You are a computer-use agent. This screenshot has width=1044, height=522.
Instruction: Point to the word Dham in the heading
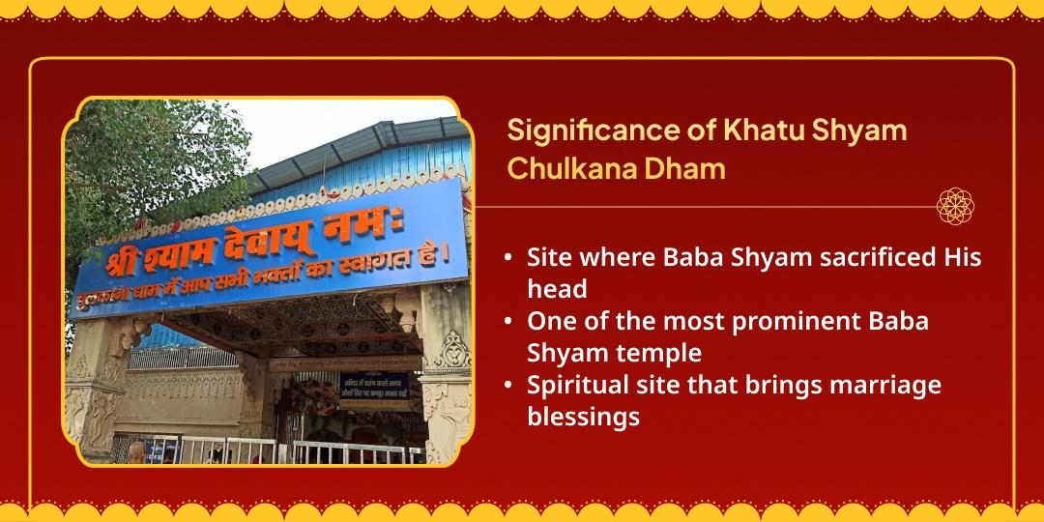pos(690,169)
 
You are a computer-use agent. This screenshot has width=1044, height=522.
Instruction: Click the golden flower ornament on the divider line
pos(955,206)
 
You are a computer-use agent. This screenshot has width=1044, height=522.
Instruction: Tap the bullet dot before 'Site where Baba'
pos(508,260)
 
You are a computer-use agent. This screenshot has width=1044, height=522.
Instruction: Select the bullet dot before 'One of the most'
pos(508,322)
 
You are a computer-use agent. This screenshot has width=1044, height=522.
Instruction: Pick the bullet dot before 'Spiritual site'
pos(508,386)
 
